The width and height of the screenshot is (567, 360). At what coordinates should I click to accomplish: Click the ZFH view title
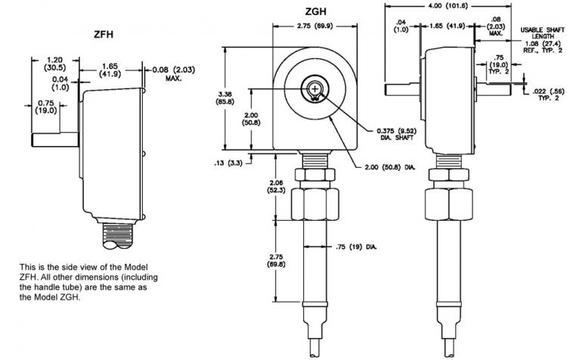point(104,34)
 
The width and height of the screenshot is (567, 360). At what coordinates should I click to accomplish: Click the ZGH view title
point(315,11)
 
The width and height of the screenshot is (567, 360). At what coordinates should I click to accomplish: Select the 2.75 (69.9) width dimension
point(314,26)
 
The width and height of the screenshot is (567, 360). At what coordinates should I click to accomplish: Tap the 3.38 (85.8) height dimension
point(225,98)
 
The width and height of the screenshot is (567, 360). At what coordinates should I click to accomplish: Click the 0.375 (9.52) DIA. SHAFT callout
point(396,134)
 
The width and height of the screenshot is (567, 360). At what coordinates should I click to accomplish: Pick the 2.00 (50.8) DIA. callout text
point(386,167)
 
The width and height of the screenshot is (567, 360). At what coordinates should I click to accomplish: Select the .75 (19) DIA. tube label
point(356,247)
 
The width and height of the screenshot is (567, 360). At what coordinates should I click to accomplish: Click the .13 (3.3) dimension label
point(228,163)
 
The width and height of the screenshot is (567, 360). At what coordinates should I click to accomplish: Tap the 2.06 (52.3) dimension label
point(276,186)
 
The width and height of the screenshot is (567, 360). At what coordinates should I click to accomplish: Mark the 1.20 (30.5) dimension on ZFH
point(55,64)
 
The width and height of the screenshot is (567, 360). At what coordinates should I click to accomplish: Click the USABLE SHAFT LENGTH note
point(542,33)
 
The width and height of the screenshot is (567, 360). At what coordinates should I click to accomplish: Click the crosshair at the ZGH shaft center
point(315,88)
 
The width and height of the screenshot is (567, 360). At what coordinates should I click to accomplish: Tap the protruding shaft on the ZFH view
point(55,140)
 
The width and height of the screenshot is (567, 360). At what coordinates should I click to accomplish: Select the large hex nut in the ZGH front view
point(315,204)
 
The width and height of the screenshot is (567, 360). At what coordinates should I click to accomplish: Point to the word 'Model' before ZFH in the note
point(136,267)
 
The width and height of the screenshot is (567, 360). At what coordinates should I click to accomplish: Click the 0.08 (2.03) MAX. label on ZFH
point(174,73)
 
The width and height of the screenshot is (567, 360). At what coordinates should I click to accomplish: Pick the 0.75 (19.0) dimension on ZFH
point(46,107)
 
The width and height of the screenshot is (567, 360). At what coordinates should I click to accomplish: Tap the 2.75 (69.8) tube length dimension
point(276,260)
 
